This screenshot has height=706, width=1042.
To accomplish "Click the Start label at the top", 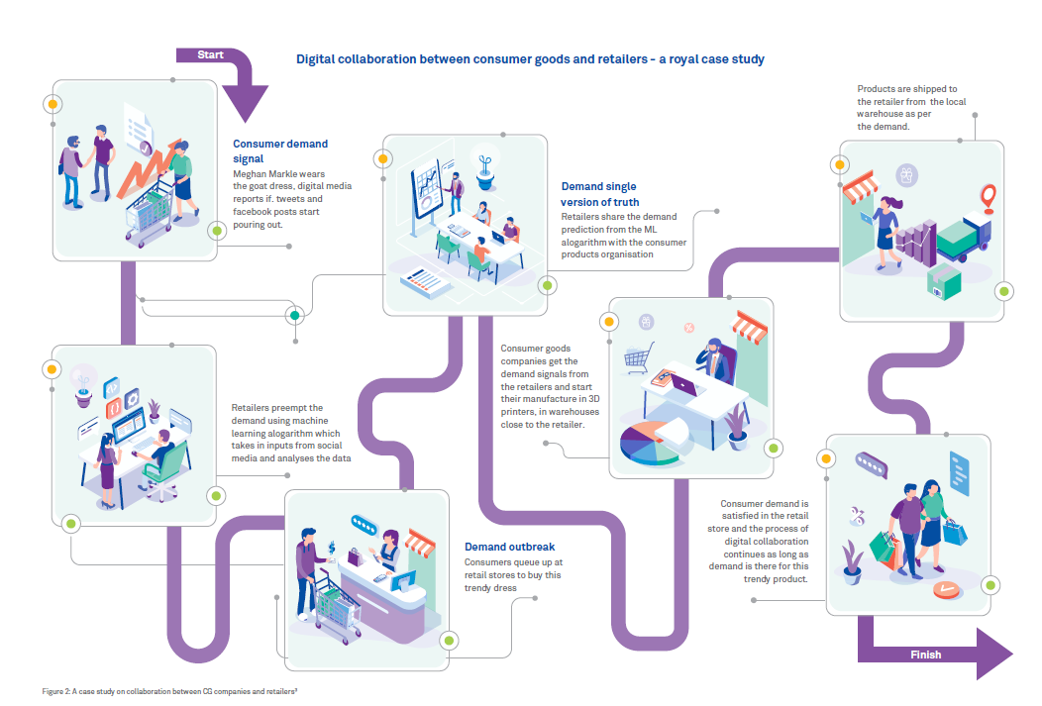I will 210,54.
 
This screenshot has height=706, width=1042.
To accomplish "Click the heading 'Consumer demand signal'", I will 280,151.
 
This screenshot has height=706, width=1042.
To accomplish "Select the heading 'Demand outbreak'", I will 509,547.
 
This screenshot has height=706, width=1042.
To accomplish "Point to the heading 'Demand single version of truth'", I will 600,194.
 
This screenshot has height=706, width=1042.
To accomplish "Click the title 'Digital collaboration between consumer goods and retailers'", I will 530,59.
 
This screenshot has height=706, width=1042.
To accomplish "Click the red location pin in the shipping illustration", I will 988,194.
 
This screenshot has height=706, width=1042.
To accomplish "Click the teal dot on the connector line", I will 294,316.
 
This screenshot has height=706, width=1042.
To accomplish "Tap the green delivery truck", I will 962,238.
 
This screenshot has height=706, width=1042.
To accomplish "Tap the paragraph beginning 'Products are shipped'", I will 911,107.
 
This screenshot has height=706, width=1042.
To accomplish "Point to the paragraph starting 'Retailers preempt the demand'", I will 286,433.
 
